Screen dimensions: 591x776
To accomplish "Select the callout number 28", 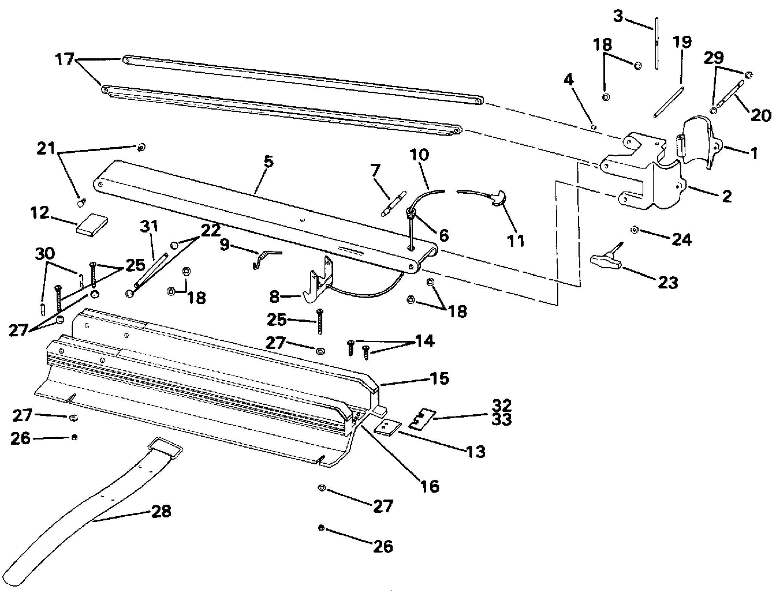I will [x=161, y=511].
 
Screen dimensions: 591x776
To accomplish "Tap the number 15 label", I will [x=440, y=379].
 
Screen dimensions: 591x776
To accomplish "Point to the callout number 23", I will [x=667, y=283].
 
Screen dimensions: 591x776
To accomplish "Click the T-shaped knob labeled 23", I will [x=605, y=262].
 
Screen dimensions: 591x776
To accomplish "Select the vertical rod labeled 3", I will [x=657, y=44].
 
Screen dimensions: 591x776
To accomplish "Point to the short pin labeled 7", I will [x=393, y=204].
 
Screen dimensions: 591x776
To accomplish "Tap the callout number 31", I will [x=149, y=226].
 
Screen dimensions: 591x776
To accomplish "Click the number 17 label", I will [x=65, y=59].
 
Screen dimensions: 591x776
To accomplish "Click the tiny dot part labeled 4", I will [x=594, y=127].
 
